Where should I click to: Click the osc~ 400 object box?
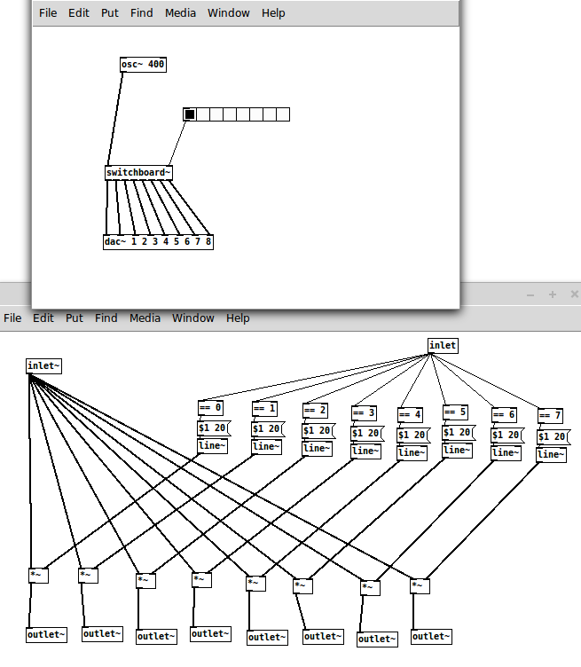pyautogui.click(x=143, y=65)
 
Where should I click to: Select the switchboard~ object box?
pyautogui.click(x=138, y=172)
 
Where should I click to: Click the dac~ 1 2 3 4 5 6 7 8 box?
pyautogui.click(x=158, y=241)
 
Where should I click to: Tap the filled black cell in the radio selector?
pyautogui.click(x=189, y=114)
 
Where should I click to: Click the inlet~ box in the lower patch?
pyautogui.click(x=44, y=365)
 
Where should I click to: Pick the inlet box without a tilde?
pyautogui.click(x=443, y=345)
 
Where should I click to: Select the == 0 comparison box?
pyautogui.click(x=211, y=408)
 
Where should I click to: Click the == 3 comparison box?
pyautogui.click(x=365, y=412)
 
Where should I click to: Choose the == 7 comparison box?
pyautogui.click(x=551, y=415)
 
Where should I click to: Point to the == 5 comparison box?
pyautogui.click(x=455, y=412)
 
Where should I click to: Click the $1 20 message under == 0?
pyautogui.click(x=213, y=428)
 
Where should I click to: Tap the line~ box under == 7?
pyautogui.click(x=551, y=454)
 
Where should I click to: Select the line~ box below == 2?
pyautogui.click(x=316, y=449)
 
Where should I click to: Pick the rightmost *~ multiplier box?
pyautogui.click(x=420, y=585)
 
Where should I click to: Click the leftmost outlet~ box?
pyautogui.click(x=47, y=634)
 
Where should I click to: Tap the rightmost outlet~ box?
pyautogui.click(x=431, y=636)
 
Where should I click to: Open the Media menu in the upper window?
pyautogui.click(x=181, y=13)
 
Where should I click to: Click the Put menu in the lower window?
pyautogui.click(x=74, y=318)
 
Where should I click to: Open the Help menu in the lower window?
pyautogui.click(x=238, y=318)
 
